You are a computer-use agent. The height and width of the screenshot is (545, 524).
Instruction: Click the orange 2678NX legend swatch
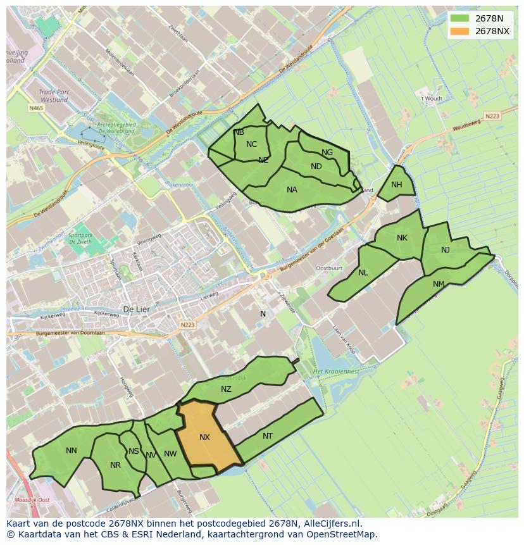[461, 31]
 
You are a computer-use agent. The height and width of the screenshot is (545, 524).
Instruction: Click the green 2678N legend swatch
[461, 18]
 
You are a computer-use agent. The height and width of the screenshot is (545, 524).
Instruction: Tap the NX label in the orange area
[204, 437]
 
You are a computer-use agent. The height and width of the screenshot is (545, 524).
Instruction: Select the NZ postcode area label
[226, 389]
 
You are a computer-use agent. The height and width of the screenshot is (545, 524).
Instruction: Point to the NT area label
[268, 436]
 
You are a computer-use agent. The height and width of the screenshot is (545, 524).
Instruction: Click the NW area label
[170, 454]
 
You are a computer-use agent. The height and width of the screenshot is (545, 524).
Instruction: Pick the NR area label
[115, 465]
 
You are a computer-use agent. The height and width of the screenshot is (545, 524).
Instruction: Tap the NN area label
[72, 451]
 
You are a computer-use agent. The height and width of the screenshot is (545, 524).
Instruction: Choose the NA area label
[292, 190]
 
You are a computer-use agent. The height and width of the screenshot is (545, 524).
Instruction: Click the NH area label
[397, 185]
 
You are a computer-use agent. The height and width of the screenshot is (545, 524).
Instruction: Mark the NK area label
[402, 238]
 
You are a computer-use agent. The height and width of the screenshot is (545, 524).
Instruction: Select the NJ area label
[446, 250]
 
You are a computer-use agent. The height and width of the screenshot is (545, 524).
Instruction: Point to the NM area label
[439, 284]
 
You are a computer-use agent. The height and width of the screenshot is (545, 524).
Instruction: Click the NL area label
[363, 273]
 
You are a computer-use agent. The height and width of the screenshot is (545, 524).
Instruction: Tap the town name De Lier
[135, 310]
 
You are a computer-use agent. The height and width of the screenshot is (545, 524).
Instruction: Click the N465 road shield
[36, 108]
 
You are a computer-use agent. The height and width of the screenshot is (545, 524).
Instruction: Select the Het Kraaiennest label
[337, 372]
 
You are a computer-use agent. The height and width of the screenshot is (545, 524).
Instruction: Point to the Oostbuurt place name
[328, 268]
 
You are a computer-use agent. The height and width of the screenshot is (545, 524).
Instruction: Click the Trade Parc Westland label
[53, 95]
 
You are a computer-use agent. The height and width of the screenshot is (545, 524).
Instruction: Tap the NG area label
[327, 153]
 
